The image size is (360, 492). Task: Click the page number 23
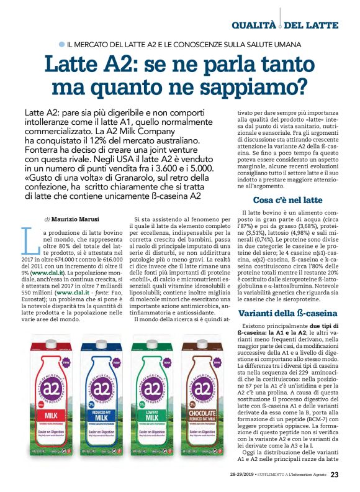(x=335, y=475)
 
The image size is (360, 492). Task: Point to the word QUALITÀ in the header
(x=254, y=25)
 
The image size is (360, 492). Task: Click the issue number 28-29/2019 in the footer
(x=239, y=475)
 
